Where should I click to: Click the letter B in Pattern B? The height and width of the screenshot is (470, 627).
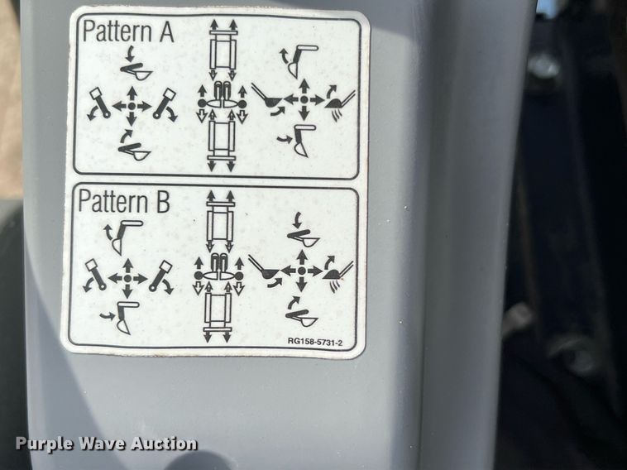(163, 202)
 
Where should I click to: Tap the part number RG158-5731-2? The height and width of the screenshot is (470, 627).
(315, 342)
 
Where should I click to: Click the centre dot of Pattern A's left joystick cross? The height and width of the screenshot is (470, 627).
(132, 107)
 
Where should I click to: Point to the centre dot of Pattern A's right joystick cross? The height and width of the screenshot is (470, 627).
(304, 99)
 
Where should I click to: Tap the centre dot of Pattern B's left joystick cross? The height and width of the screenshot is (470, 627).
(127, 277)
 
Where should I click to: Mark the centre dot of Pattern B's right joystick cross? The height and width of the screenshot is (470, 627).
(302, 271)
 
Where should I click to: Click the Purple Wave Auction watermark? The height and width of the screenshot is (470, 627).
(107, 444)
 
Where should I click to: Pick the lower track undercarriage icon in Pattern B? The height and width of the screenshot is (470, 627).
(218, 316)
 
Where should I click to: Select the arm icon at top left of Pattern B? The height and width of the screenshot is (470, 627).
(122, 236)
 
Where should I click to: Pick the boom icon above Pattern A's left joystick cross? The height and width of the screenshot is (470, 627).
(135, 65)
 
